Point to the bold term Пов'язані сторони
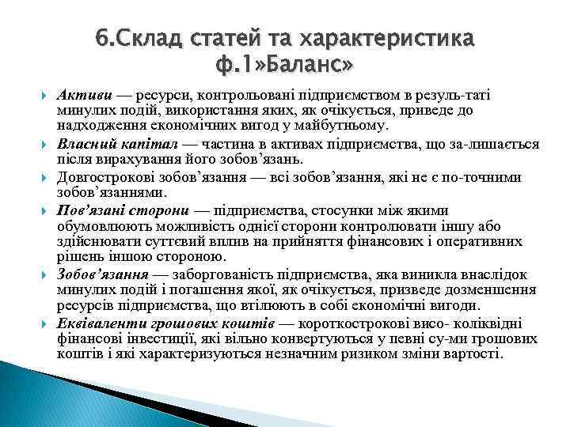coord(123,210)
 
